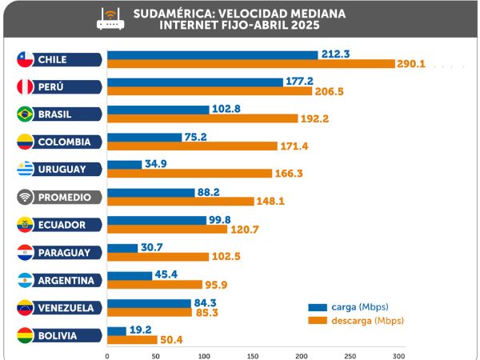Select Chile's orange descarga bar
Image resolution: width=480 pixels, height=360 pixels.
click(251, 63)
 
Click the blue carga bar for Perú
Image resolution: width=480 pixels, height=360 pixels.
click(195, 82)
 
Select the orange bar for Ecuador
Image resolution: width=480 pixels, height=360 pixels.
click(167, 230)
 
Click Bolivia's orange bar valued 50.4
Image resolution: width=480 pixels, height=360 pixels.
click(131, 340)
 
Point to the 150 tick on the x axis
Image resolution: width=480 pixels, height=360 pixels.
click(253, 355)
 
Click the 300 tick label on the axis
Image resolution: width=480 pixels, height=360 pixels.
click(399, 355)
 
